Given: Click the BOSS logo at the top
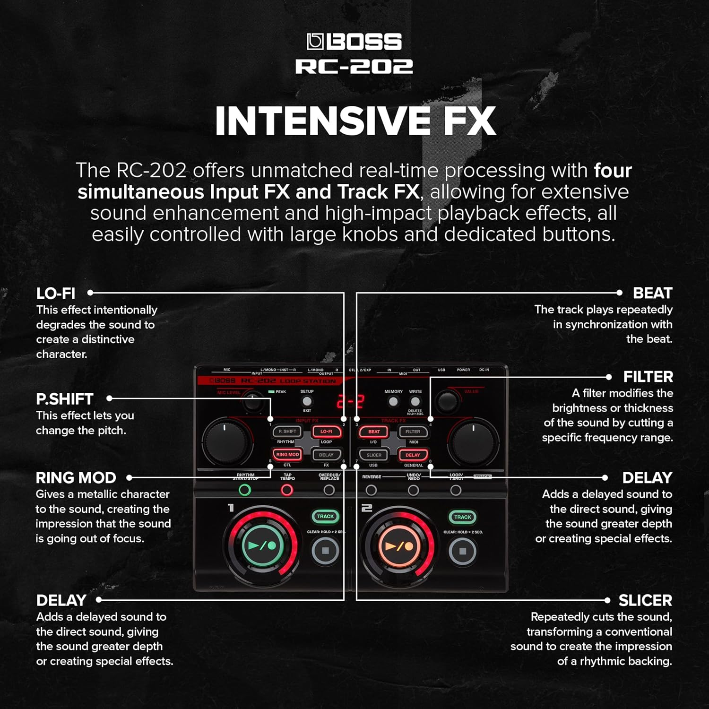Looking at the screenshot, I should pos(354,42).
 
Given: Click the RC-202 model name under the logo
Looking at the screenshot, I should pos(354,67).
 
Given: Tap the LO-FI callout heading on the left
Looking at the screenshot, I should pos(56,294).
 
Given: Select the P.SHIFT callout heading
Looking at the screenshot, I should pos(65,399).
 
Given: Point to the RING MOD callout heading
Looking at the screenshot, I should pos(76,478).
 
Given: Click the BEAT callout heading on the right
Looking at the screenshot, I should pos(652,293).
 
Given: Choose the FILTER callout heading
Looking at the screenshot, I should pos(648,377).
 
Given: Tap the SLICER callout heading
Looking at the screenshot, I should pos(645,600).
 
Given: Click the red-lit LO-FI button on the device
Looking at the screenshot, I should pos(326,432).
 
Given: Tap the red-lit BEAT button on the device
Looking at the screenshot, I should pos(373,432).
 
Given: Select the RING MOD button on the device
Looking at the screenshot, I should pos(287,455).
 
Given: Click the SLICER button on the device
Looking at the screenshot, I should pos(373,455).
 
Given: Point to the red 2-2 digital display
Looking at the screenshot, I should pos(350,402).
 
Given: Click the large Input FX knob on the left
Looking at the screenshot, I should pos(225,441).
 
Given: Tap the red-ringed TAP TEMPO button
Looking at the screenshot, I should pos(287,490).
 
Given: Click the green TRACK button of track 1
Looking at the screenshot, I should pos(325,517).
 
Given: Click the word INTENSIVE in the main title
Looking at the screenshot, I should pos(322,121).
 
